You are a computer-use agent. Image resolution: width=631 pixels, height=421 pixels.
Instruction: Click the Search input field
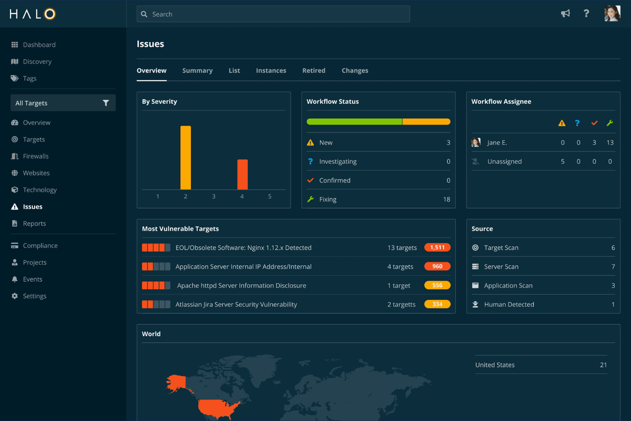point(273,14)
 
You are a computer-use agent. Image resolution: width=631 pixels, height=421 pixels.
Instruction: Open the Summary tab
point(197,70)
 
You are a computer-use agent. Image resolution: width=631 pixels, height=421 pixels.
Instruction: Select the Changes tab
point(355,70)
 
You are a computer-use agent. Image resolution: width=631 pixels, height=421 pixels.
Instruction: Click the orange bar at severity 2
point(185,157)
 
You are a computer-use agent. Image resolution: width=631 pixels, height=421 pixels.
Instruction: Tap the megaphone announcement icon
point(565,14)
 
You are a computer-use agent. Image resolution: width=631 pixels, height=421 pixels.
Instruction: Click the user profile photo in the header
point(612,14)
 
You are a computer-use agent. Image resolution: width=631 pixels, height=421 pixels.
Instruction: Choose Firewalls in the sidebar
point(36,156)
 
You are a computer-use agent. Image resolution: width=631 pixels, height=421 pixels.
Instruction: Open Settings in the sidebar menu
point(35,296)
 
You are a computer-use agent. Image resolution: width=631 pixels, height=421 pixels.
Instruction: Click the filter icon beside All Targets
point(106,103)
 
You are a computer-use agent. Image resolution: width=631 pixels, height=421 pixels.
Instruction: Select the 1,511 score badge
point(437,247)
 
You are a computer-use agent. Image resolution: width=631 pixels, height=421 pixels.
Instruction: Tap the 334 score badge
point(437,304)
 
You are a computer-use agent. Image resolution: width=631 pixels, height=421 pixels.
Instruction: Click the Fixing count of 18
point(446,199)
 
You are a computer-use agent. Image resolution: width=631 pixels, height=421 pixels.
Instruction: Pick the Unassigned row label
point(504,161)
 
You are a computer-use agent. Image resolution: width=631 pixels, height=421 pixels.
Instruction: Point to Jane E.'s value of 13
point(610,142)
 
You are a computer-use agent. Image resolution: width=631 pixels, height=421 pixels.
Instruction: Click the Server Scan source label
point(501,267)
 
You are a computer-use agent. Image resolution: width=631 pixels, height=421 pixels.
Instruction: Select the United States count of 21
point(603,365)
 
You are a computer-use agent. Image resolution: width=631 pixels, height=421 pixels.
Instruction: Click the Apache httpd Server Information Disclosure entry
point(241,285)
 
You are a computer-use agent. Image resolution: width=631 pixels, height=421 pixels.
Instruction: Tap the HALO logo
point(33,14)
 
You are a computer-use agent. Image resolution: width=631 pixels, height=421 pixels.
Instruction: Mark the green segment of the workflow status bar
point(354,122)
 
